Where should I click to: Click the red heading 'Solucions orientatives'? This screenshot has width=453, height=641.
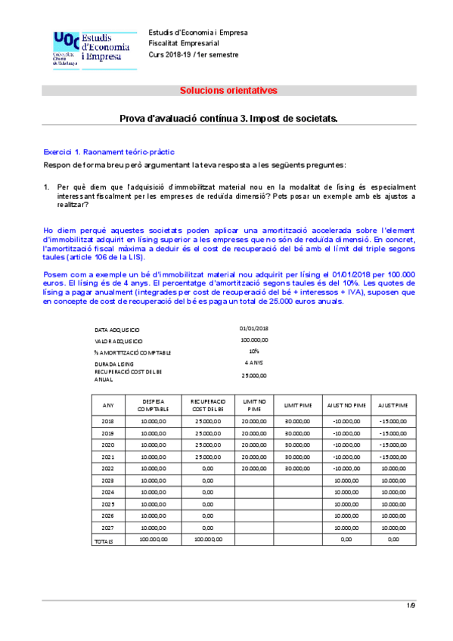coord(228,91)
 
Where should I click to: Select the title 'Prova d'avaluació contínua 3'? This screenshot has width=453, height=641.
coord(228,119)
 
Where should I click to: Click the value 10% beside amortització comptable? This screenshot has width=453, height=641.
coord(254,351)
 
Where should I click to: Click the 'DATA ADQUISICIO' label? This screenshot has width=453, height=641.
coord(117,330)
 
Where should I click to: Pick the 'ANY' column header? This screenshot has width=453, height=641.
coord(108,405)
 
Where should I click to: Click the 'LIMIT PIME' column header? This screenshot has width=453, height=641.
coord(297,405)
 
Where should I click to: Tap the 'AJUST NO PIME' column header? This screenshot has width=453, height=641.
coord(346,405)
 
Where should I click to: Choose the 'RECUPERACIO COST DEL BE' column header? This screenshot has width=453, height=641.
coord(208,405)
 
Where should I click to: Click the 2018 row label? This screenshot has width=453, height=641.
coord(108,420)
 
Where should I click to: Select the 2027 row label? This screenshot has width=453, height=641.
coord(108,528)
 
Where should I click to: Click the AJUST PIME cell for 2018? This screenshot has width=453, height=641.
coord(393,420)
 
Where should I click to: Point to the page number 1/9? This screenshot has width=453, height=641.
coord(411,605)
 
